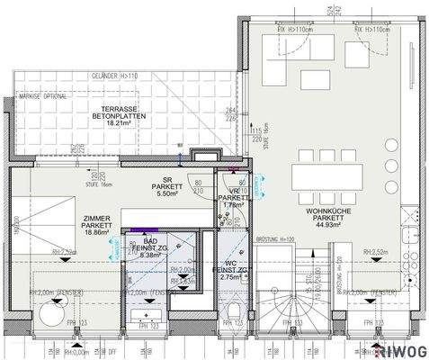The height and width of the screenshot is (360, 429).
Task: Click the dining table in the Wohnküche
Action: click(326, 177)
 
